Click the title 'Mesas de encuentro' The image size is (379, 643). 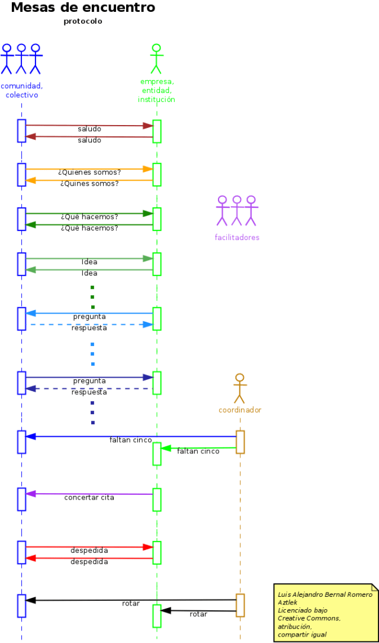click(x=83, y=8)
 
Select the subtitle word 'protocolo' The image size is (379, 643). click(x=83, y=21)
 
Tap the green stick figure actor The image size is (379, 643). click(x=156, y=59)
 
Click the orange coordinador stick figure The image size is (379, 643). click(x=240, y=388)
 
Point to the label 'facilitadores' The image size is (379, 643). click(x=237, y=238)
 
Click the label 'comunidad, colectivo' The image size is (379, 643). click(x=22, y=90)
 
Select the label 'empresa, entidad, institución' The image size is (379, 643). click(x=157, y=91)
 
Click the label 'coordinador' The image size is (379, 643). click(x=240, y=410)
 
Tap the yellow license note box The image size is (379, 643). click(x=326, y=612)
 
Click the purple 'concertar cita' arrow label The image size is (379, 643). click(x=89, y=498)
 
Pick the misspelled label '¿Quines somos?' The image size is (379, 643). click(x=89, y=184)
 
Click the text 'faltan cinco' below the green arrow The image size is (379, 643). click(x=198, y=452)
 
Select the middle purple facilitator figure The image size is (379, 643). click(x=237, y=210)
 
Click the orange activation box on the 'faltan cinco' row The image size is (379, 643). click(x=240, y=442)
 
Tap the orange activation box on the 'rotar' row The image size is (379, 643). click(x=240, y=605)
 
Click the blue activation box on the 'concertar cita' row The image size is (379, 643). click(x=22, y=499)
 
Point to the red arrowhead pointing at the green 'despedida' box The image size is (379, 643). click(x=148, y=547)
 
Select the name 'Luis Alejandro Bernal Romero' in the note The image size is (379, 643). click(x=325, y=594)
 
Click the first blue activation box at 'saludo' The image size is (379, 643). click(x=22, y=131)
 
